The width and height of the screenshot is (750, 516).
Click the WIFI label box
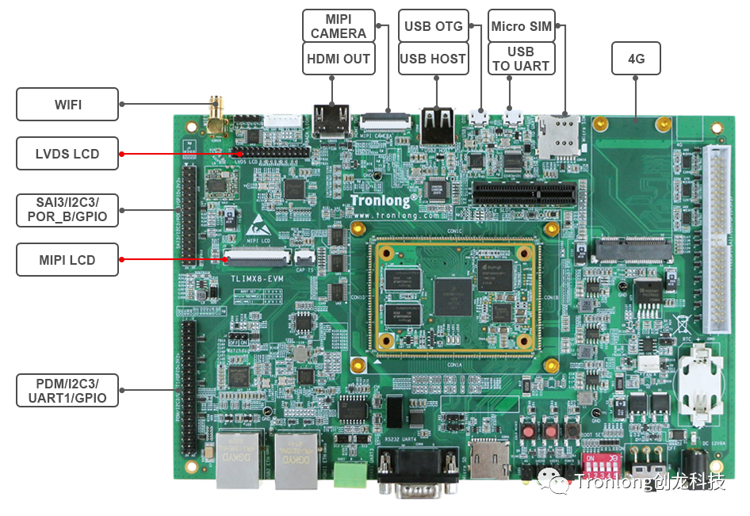tap(67, 104)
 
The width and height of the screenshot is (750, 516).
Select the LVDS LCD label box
tap(67, 153)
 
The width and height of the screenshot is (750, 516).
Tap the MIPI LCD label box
tap(67, 259)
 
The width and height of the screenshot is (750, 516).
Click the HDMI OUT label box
tap(339, 59)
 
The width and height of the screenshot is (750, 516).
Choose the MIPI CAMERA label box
tap(339, 26)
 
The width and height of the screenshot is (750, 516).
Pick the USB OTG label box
tap(433, 26)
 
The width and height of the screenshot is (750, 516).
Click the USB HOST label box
tap(433, 59)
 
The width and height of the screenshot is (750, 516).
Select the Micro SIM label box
tap(521, 26)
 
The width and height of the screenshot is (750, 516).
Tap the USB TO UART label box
tap(521, 59)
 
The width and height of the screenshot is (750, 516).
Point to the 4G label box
tap(636, 59)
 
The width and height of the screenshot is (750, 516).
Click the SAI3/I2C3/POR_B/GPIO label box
tap(67, 207)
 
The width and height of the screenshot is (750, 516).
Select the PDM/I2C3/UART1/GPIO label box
tap(67, 390)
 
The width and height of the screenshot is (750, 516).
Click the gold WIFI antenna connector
tap(216, 116)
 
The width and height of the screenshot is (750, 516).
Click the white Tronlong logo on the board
tap(384, 201)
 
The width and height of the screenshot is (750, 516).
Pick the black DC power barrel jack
tap(695, 464)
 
